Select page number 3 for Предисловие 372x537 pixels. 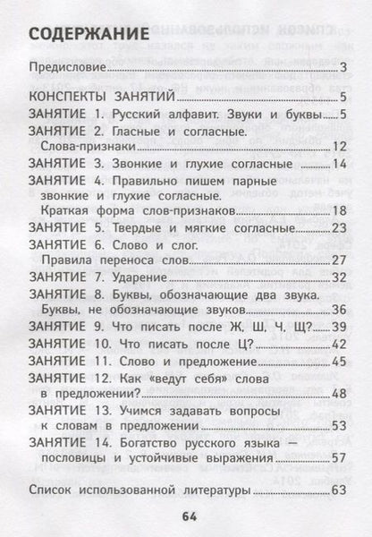343,68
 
